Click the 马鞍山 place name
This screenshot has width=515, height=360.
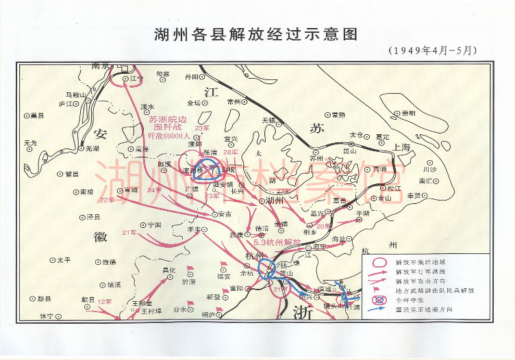pyautogui.click(x=75, y=94)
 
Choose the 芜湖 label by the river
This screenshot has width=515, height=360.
pyautogui.click(x=90, y=148)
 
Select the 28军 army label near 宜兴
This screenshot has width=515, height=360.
pyautogui.click(x=231, y=143)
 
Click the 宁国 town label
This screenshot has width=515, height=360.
pyautogui.click(x=153, y=224)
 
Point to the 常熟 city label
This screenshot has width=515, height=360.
pyautogui.click(x=338, y=115)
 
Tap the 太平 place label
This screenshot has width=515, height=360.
pyautogui.click(x=64, y=260)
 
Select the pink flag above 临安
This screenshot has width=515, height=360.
pyautogui.click(x=223, y=265)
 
